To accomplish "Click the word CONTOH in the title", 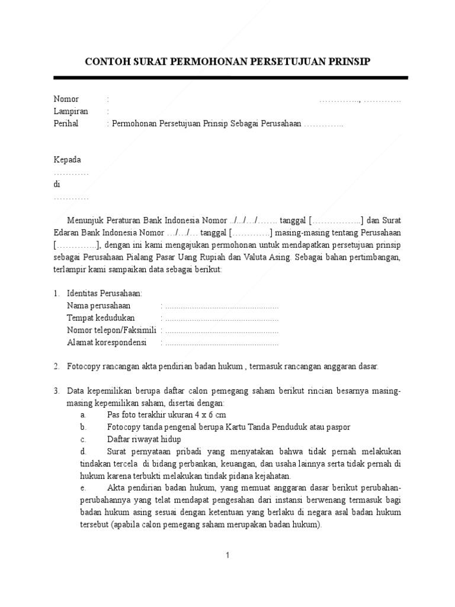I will pos(107,62).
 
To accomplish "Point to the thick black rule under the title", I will pos(230,78).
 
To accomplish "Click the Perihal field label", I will pos(66,124).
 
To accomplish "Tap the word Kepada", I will pos(68,160).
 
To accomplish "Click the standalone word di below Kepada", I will pos(57,184).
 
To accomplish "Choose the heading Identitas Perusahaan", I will pos(105,294).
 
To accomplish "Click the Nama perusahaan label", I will pos(98,306).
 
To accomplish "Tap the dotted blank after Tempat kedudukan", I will pos(222,318).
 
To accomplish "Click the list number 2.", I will pos(56,367).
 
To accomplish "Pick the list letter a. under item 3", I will pos(84,415).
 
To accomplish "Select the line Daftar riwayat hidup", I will pos(144,439).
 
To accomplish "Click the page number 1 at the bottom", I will pos(227,555).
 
